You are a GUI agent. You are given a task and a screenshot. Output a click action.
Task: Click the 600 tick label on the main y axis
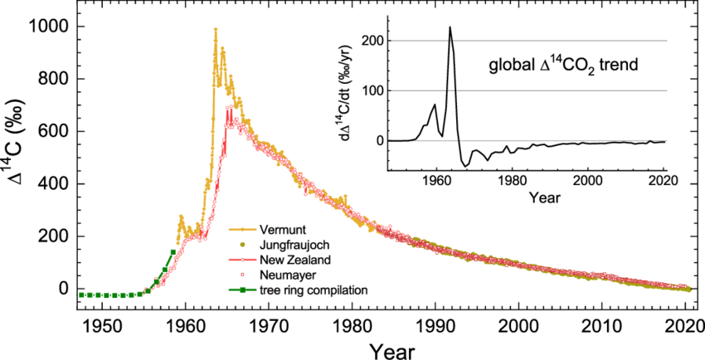[x=54, y=132]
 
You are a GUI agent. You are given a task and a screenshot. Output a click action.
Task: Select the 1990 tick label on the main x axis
[x=436, y=324]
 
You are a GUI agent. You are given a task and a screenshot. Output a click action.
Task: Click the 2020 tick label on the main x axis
[x=688, y=324]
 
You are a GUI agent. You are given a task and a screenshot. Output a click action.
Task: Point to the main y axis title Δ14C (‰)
[x=17, y=158]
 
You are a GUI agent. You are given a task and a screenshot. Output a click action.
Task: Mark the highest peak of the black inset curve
[x=450, y=27]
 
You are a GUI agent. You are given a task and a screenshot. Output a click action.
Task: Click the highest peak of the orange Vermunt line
[x=216, y=29]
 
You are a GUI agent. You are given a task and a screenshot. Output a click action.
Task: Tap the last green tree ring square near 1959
[x=173, y=251]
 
